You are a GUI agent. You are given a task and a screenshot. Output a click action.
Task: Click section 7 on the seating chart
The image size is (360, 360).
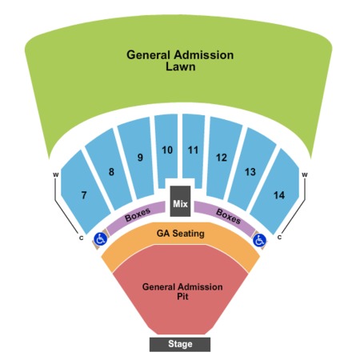tap(84, 193)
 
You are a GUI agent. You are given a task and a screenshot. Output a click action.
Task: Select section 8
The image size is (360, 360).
tap(110, 170)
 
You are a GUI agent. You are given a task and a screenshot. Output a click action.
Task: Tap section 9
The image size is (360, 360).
tap(137, 158)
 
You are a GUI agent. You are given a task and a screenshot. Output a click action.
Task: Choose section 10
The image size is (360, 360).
tap(166, 150)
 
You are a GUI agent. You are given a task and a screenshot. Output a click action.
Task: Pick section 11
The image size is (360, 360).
tap(194, 150)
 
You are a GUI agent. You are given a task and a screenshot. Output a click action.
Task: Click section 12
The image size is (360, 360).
tap(223, 158)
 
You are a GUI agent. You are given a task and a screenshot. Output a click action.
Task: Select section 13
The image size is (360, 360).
tap(251, 170)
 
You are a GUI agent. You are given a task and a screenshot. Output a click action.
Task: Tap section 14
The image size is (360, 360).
tap(276, 193)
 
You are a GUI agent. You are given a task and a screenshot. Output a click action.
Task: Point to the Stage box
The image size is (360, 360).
tap(180, 344)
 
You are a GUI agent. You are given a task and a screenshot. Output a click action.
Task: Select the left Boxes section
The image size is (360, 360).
tap(137, 214)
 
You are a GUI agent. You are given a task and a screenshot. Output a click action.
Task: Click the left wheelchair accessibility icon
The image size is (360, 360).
tap(101, 239)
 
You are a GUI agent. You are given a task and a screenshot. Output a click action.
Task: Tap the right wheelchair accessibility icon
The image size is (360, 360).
tap(259, 240)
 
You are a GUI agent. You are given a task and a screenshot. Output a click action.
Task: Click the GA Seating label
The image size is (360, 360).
tap(181, 234)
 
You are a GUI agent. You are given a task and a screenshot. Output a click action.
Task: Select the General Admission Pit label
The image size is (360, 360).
tap(182, 291)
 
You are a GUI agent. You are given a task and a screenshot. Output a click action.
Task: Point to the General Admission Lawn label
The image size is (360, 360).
tap(180, 61)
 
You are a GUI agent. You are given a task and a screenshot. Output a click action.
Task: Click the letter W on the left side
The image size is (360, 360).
tap(55, 175)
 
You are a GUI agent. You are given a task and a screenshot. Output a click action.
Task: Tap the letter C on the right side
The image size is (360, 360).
tap(279, 237)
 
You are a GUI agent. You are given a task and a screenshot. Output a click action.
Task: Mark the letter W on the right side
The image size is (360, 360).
tap(305, 175)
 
